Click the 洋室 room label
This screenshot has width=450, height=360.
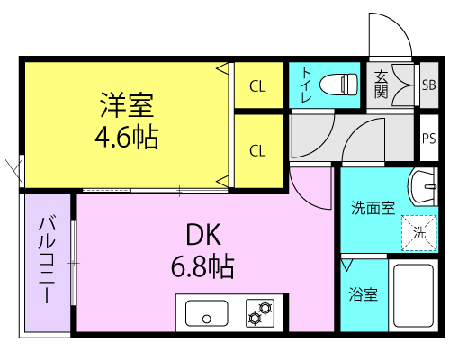click(x=127, y=105)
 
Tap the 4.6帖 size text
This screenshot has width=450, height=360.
click(x=127, y=138)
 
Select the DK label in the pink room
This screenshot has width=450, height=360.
click(x=203, y=235)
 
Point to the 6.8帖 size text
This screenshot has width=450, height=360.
click(x=202, y=266)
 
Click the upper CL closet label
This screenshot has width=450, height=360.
click(x=257, y=86)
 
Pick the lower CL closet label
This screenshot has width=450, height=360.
click(x=257, y=150)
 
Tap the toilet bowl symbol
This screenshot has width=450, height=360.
click(x=339, y=85)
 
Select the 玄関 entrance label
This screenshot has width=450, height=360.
click(x=382, y=85)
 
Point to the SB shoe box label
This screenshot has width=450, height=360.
click(x=429, y=85)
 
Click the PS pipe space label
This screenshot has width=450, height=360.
click(x=429, y=139)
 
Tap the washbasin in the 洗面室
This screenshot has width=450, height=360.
click(x=422, y=187)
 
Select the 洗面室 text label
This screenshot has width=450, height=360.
click(x=373, y=208)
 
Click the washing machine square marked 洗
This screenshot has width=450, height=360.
click(x=419, y=232)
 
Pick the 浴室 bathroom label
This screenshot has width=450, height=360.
click(x=363, y=294)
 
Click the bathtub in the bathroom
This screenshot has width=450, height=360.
click(x=414, y=295)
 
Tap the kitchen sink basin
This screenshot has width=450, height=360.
click(x=207, y=313)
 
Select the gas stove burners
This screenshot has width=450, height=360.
click(x=260, y=313)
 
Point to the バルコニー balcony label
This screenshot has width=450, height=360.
click(x=47, y=260)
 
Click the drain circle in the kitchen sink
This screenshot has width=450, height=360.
click(x=207, y=319)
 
